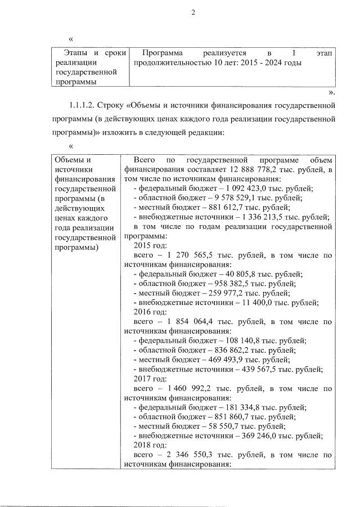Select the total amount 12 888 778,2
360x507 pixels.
[256, 169]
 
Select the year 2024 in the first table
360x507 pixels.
[269, 62]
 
